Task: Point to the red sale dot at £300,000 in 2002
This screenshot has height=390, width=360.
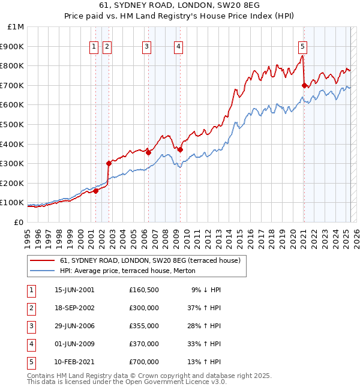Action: coord(109,163)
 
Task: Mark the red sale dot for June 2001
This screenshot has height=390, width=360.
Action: coord(95,191)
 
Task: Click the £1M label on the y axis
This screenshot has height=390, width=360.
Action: coord(16,27)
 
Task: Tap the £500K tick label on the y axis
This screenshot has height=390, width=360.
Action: coord(13,124)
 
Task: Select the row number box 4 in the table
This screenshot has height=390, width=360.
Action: coord(30,344)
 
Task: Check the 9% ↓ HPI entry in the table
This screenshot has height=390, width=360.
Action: coord(206,290)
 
